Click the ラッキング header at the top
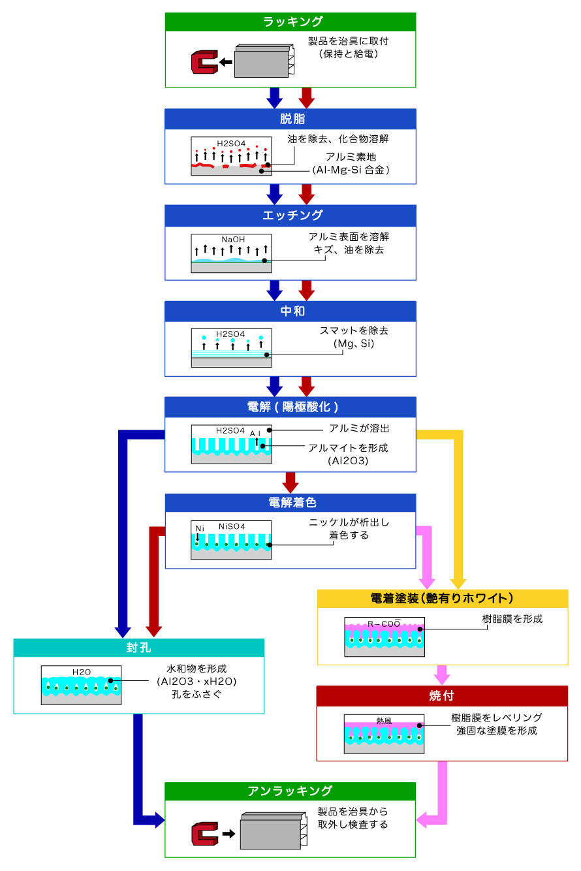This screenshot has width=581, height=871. pos(290,22)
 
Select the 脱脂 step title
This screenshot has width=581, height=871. pos(290,119)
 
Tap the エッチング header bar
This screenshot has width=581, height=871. pos(290,215)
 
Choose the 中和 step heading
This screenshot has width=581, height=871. pos(290,311)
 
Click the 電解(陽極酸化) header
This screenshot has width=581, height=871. pos(290,407)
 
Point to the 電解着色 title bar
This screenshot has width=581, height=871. pos(290,503)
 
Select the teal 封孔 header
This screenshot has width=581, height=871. pos(139,648)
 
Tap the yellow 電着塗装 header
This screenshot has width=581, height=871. pos(442,599)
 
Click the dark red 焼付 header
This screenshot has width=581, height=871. pos(442,695)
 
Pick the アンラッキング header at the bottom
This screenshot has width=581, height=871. pos(290,791)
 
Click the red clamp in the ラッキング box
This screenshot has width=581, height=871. pos(203,63)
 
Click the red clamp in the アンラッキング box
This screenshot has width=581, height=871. pos(204,834)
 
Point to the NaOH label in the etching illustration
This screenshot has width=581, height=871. pos(232,240)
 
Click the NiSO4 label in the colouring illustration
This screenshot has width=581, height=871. pos(231,526)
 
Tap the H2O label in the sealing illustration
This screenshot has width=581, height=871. pos(82,671)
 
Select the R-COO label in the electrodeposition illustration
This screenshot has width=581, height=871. pos(384,624)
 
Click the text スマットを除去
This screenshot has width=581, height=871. pos(349,331)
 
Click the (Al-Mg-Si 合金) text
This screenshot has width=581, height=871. pos(351,170)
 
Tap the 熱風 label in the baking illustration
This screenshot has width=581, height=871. pos(384,721)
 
